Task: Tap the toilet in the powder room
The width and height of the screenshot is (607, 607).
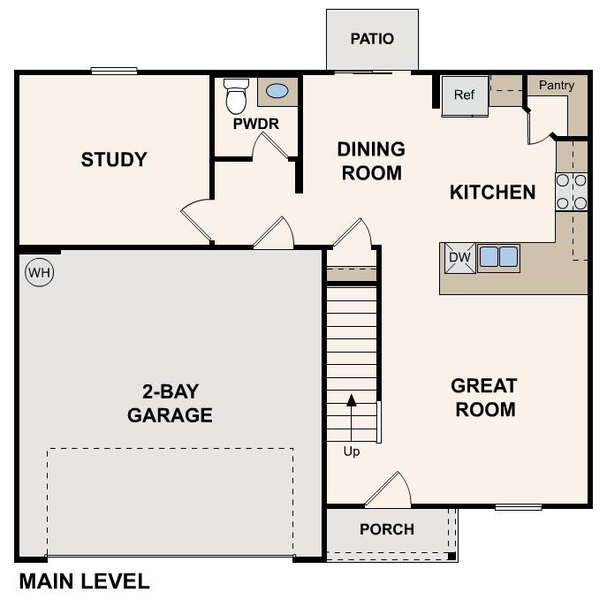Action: (x=236, y=96)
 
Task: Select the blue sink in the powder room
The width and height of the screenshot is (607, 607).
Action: (x=277, y=91)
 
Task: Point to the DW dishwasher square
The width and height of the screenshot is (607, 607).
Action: (x=458, y=257)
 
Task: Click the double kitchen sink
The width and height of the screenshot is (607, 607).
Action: (x=498, y=257)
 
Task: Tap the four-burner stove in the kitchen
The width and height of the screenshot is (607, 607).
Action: (x=572, y=192)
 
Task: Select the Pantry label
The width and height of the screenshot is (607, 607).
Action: (x=557, y=86)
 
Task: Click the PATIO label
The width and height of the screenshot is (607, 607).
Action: (x=372, y=39)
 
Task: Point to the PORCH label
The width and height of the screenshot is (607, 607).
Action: (x=387, y=529)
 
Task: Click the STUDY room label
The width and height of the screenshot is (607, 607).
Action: (x=114, y=160)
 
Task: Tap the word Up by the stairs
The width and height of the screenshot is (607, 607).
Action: (x=352, y=451)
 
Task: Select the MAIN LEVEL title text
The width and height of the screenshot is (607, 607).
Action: (x=85, y=582)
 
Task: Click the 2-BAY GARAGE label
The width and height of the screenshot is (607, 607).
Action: (x=171, y=404)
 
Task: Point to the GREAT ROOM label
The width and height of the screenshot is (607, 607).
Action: (x=483, y=398)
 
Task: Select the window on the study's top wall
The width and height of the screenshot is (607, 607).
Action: (x=114, y=71)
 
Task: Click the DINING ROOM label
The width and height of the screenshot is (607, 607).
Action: (x=371, y=161)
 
